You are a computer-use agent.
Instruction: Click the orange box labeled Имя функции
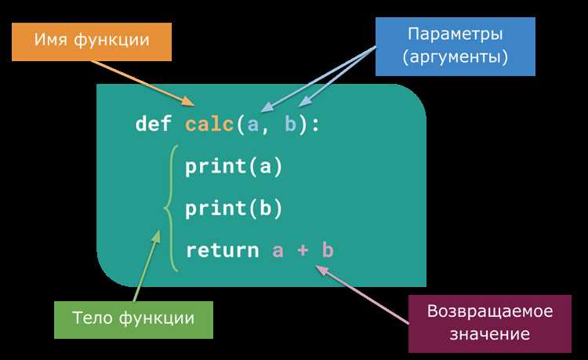coord(92,42)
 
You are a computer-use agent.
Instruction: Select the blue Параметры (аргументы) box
coord(456,46)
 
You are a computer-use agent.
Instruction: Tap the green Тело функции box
coord(133,320)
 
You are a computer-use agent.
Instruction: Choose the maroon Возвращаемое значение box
coord(490,324)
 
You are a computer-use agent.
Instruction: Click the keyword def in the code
coord(154,123)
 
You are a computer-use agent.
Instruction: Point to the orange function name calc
coord(209,124)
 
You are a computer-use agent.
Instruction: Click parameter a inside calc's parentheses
coord(252,125)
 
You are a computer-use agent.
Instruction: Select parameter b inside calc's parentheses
coord(291,124)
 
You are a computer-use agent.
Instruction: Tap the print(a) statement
coord(234,166)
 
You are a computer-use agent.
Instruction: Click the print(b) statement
coord(234,208)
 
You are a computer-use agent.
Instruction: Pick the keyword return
coord(223,250)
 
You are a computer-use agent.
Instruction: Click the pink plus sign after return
coord(303,250)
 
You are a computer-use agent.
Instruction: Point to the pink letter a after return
coord(278,251)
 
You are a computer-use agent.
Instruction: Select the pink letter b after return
coord(328,249)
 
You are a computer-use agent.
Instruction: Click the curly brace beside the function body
coord(169,208)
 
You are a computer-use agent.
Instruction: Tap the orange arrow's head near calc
coord(189,101)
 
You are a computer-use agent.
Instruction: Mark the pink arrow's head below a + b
coord(321,270)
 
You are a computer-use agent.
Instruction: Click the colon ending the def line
coord(315,125)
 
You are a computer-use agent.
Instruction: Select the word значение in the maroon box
coord(490,334)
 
